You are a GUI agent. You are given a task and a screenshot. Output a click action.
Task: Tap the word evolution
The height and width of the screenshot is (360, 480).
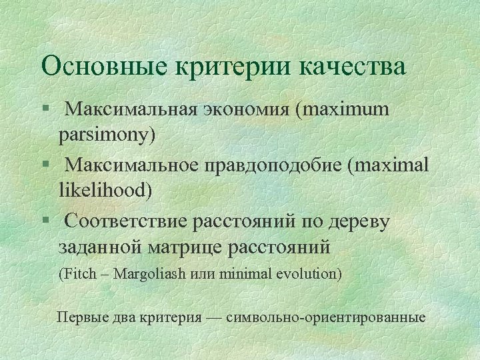point(307,274)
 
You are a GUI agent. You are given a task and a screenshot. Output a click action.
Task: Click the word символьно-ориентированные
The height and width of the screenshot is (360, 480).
point(325,317)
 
